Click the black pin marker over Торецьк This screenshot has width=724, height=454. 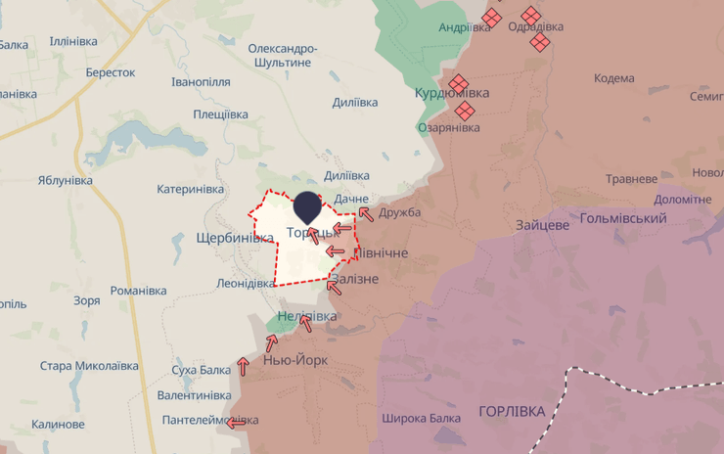click(x=307, y=206)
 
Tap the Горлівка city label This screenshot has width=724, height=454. click(x=512, y=411)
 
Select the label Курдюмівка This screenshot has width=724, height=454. click(x=452, y=93)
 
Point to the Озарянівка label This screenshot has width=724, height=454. click(x=449, y=127)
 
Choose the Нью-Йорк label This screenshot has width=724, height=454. click(x=295, y=360)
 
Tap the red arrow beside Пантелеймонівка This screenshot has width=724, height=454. click(x=236, y=423)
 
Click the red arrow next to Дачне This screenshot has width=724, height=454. click(x=364, y=212)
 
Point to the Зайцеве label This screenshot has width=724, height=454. click(x=543, y=225)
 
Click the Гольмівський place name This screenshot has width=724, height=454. click(x=623, y=218)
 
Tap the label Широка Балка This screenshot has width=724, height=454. click(x=421, y=419)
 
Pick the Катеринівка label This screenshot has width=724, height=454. click(x=191, y=189)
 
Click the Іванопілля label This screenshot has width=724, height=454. click(x=201, y=82)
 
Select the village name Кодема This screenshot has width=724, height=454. click(x=613, y=78)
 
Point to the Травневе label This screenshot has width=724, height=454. click(x=631, y=179)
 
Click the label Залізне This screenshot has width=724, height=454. click(x=355, y=279)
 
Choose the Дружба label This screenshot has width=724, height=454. click(x=399, y=212)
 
